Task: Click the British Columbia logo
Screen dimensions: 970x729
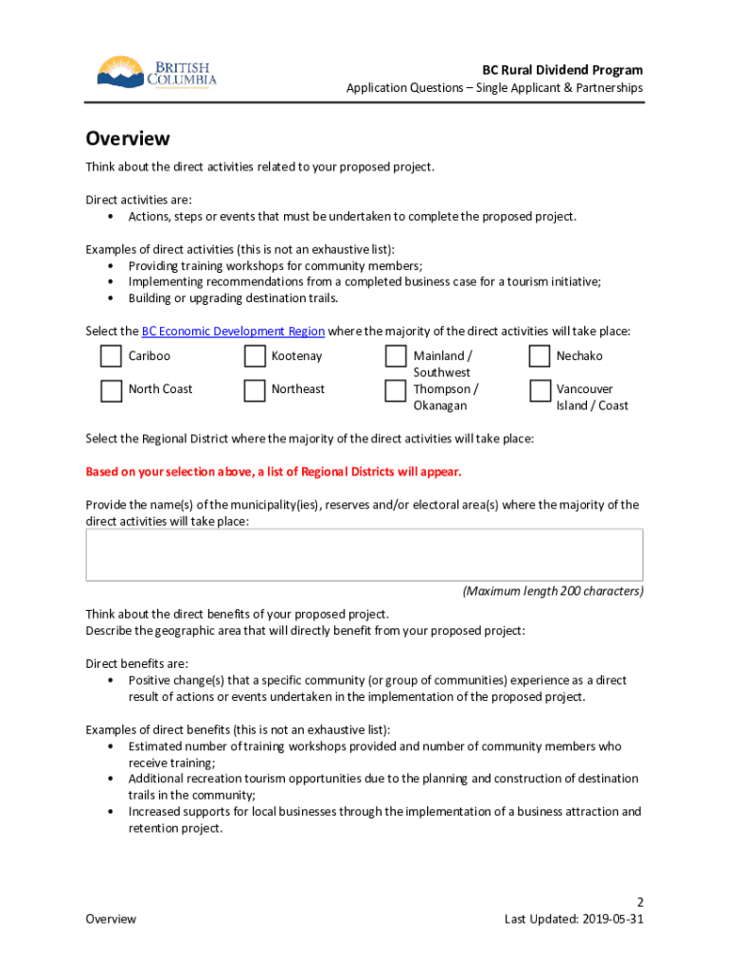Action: click(156, 74)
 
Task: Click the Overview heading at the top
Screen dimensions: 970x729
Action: click(128, 138)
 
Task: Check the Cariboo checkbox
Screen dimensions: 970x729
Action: click(112, 356)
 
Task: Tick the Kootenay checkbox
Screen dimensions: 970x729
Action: click(255, 356)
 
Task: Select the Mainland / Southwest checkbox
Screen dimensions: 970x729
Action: click(396, 356)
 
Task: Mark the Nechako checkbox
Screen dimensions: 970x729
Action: click(540, 356)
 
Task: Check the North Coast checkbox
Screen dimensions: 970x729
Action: click(112, 390)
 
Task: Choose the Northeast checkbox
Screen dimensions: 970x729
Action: click(255, 390)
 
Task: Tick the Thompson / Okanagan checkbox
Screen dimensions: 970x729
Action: click(396, 390)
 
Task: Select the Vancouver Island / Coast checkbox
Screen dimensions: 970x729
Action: click(540, 390)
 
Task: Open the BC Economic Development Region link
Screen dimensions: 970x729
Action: click(233, 332)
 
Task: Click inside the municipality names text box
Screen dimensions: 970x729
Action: click(364, 554)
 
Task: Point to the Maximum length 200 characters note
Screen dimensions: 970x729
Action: click(552, 591)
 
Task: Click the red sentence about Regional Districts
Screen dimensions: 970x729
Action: click(274, 472)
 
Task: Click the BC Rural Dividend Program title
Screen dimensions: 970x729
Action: click(562, 70)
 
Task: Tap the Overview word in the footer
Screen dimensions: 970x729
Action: click(111, 919)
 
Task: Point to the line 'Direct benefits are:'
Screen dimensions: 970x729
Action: click(136, 663)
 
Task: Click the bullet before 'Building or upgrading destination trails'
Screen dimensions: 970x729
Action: click(112, 298)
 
